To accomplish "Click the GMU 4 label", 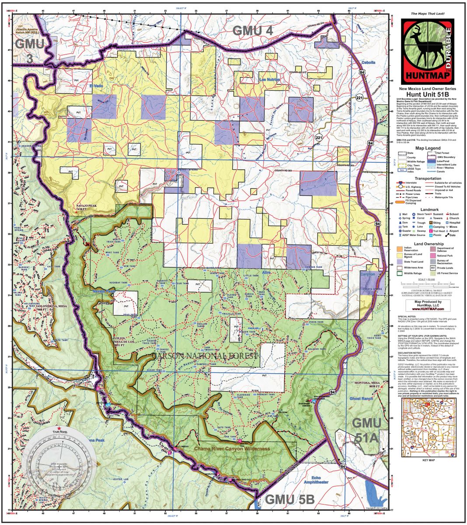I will [253, 31].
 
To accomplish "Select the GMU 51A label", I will [367, 430].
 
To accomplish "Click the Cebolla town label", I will [368, 63].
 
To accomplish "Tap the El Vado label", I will [96, 87].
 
